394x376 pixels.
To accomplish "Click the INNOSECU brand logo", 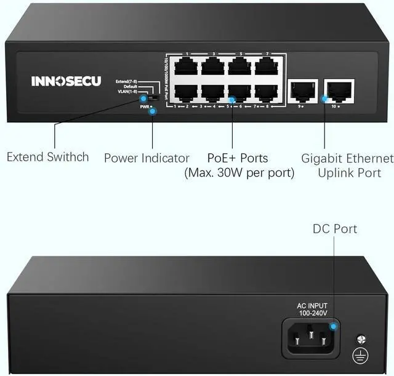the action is pyautogui.click(x=66, y=81).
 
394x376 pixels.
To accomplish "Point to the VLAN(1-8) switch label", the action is pyautogui.click(x=127, y=92).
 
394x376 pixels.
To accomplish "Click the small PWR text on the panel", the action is pyautogui.click(x=145, y=107).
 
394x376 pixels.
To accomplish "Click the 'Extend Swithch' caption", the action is pyautogui.click(x=47, y=157).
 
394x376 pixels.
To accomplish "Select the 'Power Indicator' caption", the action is pyautogui.click(x=147, y=158).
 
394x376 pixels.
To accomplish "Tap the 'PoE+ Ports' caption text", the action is pyautogui.click(x=238, y=158).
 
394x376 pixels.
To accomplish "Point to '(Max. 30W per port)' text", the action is pyautogui.click(x=239, y=174).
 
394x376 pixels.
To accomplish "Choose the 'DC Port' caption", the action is pyautogui.click(x=335, y=229).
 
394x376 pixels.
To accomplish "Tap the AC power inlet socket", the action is pyautogui.click(x=310, y=337).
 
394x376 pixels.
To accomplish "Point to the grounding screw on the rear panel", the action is pyautogui.click(x=362, y=338).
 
